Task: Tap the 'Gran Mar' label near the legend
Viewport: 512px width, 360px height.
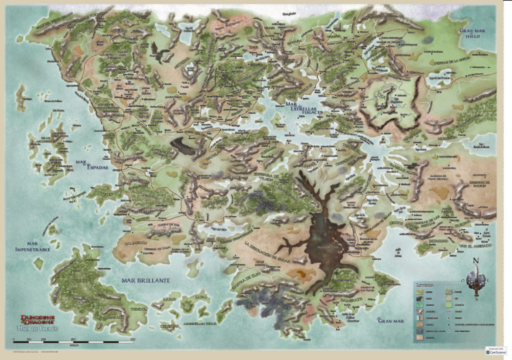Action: [x=391, y=321]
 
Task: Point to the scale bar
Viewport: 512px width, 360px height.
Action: [x=73, y=341]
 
